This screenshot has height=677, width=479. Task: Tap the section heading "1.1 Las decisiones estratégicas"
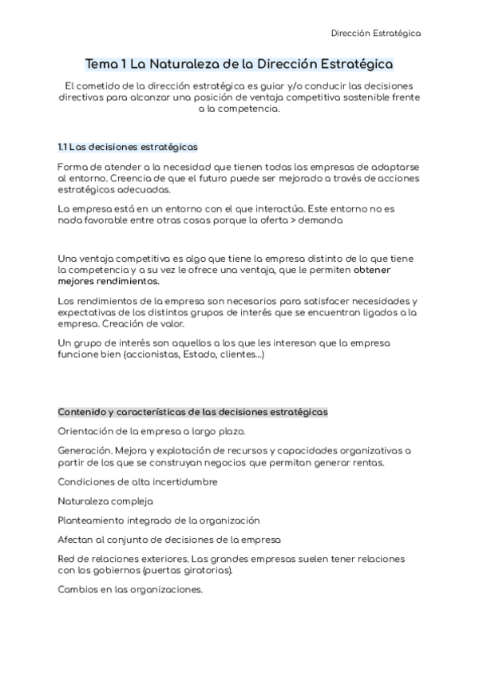[x=128, y=148]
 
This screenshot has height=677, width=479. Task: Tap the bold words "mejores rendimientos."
[x=109, y=281]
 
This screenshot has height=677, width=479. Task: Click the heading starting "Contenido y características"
[x=192, y=412]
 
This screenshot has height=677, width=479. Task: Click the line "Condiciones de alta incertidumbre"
[x=137, y=481]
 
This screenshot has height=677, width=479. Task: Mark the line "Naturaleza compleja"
[x=105, y=501]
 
